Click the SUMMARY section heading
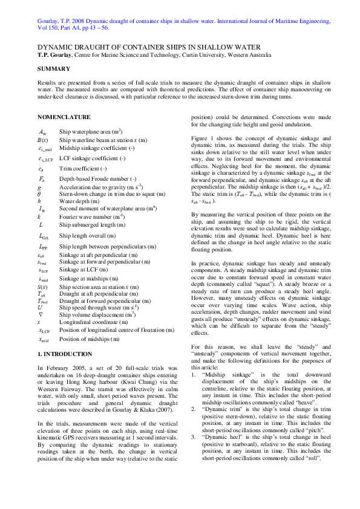[54, 69]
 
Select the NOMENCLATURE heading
[64, 117]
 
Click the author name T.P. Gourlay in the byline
[57, 56]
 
